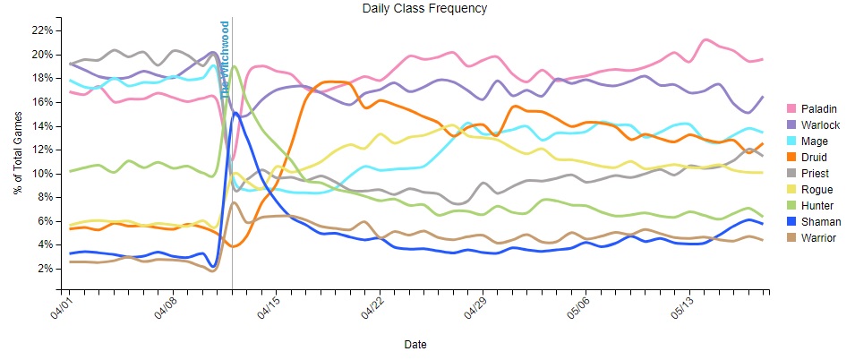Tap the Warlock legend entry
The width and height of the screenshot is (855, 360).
coord(816,124)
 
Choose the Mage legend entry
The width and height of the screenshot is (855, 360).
coord(809,141)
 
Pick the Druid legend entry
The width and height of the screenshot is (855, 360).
coord(809,157)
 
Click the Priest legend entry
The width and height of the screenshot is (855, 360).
coord(810,173)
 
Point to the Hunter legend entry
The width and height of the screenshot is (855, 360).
coord(812,205)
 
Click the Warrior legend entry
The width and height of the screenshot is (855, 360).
coord(814,237)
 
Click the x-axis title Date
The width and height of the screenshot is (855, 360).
coord(415,344)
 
